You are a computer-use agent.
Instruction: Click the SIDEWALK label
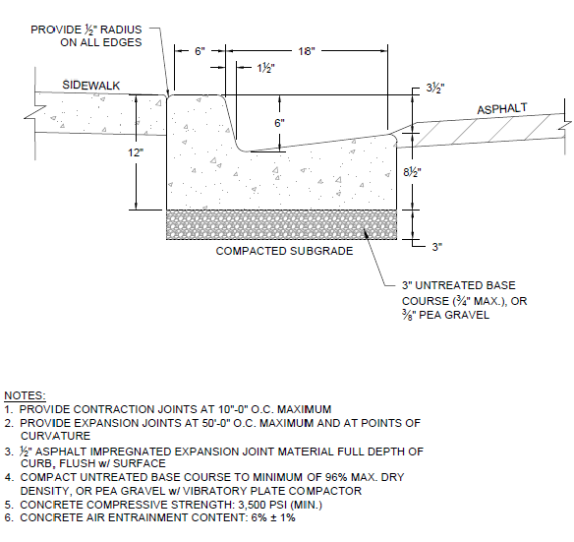click(x=90, y=86)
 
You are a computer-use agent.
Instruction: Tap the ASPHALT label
click(x=502, y=109)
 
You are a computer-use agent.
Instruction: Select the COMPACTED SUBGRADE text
click(x=284, y=251)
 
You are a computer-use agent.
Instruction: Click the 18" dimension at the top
click(x=307, y=51)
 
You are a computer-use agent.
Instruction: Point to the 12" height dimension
click(x=136, y=152)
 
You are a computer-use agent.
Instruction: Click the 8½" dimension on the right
click(x=412, y=172)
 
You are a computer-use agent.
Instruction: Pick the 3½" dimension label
click(x=435, y=89)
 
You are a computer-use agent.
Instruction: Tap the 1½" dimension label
click(x=265, y=68)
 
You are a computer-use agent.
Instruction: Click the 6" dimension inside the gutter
click(x=280, y=123)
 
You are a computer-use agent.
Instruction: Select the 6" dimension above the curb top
click(x=200, y=51)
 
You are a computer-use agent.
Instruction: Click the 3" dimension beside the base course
click(x=437, y=247)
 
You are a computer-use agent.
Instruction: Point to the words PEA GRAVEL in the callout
click(x=454, y=315)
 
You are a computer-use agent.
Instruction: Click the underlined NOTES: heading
click(x=25, y=395)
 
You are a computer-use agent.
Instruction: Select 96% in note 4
click(x=336, y=477)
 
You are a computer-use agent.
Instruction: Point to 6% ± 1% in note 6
click(x=273, y=517)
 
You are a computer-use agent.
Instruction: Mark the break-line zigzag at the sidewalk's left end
click(x=35, y=112)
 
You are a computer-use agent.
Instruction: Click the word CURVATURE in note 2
click(x=55, y=436)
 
